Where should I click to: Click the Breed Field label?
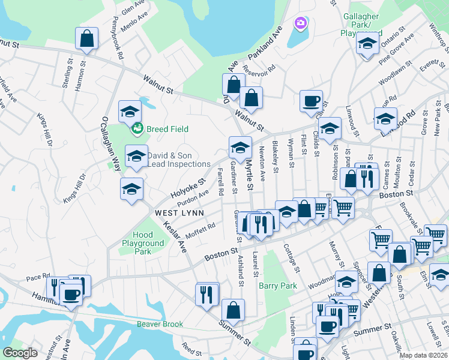coord(169,129)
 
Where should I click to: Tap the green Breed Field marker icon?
coord(137,128)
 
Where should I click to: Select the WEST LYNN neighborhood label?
coord(179,213)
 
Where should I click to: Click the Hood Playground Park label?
coord(143,243)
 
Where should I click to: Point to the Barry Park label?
coord(278,286)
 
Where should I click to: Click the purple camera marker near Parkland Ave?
coord(300,23)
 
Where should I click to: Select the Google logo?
coord(20,353)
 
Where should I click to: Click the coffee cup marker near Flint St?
coord(311,101)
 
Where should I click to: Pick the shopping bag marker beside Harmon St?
coord(87,38)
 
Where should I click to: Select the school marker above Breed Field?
coord(129,112)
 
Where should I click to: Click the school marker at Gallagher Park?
coord(367,43)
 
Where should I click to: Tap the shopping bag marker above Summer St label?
coord(233,310)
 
